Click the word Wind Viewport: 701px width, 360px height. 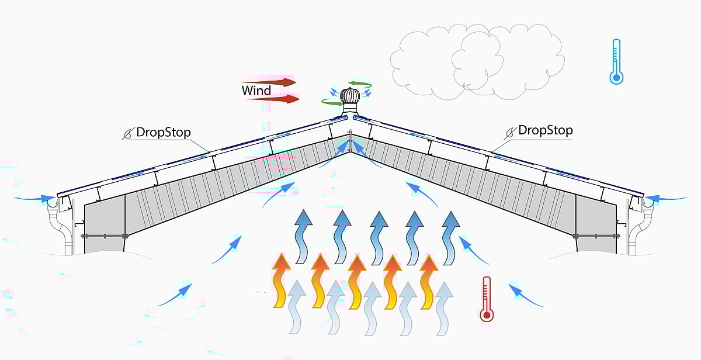click(256, 91)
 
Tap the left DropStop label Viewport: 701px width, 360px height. click(163, 132)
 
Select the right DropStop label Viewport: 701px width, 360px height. click(545, 130)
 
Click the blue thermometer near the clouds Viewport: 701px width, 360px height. click(616, 62)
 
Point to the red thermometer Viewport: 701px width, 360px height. click(486, 299)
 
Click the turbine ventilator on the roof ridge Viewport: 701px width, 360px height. click(349, 102)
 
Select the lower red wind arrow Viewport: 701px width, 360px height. click(273, 99)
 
